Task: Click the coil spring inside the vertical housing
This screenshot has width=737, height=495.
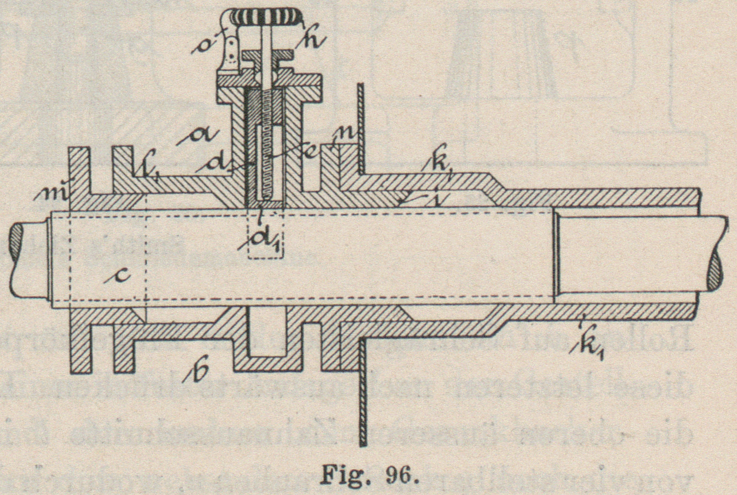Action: pos(269,143)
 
